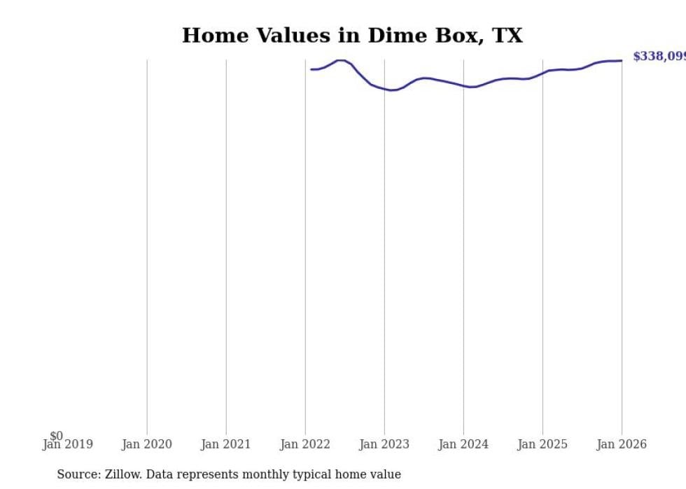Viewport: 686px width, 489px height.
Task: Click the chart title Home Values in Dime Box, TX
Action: (352, 36)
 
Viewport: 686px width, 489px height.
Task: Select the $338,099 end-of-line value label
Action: (659, 57)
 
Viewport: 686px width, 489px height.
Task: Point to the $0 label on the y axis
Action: (56, 436)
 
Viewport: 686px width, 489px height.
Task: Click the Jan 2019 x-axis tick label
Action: (67, 444)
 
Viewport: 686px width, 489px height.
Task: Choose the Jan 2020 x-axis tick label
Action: (146, 444)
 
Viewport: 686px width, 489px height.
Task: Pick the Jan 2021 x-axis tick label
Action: (225, 444)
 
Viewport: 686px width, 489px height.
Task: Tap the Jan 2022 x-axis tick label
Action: (305, 444)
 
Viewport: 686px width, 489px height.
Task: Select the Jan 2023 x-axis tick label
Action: (384, 444)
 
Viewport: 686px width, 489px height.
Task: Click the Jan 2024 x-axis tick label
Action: (463, 444)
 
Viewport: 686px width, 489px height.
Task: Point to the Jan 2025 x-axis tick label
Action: (542, 444)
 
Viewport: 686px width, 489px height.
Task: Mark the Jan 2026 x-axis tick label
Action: (622, 444)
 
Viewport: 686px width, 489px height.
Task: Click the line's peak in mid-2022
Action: (341, 60)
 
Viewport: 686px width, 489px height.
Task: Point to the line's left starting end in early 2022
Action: (311, 69)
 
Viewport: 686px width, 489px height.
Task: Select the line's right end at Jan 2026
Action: (622, 60)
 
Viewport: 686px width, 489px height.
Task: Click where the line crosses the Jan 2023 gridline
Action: (384, 89)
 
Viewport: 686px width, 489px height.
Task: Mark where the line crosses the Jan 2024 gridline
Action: (463, 85)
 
